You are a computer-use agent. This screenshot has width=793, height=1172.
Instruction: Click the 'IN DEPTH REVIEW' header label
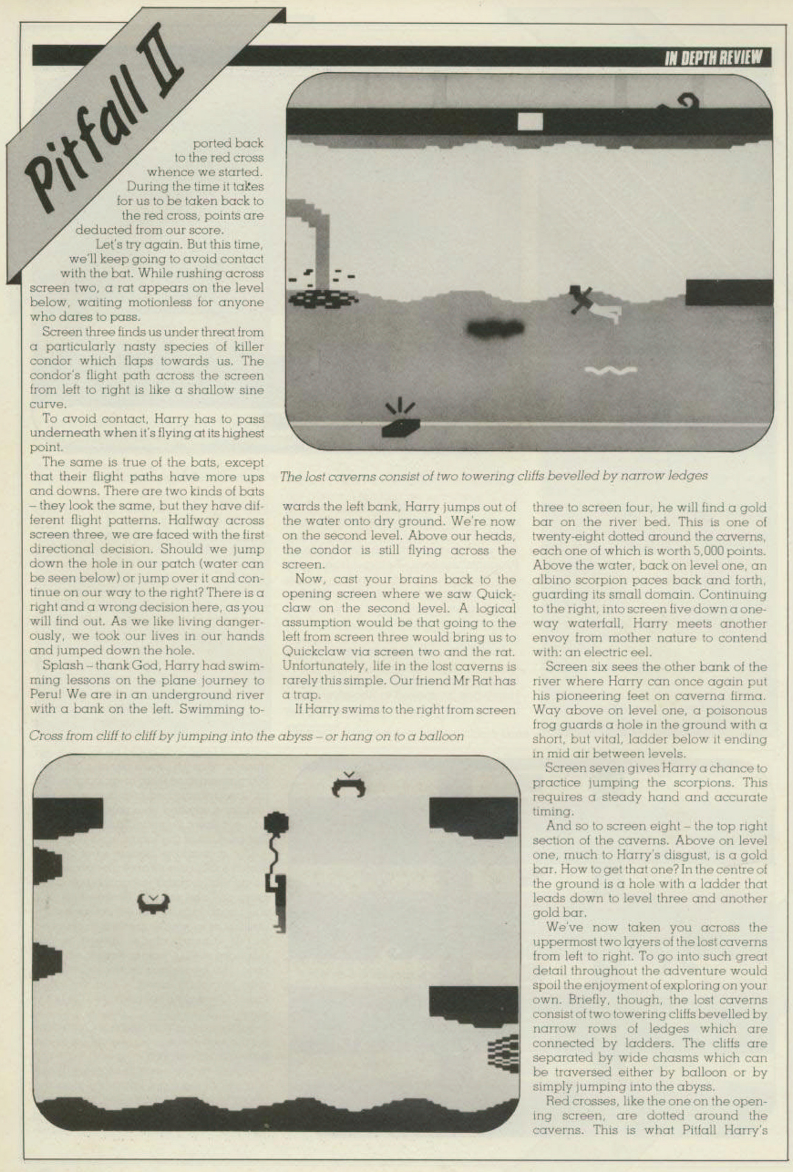[x=713, y=58]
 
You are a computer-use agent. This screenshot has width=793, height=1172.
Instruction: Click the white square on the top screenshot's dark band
[x=529, y=122]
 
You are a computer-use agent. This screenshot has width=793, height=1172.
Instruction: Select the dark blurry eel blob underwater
[x=495, y=328]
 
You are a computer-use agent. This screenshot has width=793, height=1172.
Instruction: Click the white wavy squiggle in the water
[x=610, y=370]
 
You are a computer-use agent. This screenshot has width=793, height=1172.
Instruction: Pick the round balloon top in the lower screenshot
[x=276, y=823]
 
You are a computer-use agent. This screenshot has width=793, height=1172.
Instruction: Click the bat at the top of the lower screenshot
[x=348, y=785]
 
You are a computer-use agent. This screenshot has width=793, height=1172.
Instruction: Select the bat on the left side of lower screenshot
[x=153, y=903]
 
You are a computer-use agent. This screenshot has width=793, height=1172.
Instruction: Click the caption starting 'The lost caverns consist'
[x=493, y=476]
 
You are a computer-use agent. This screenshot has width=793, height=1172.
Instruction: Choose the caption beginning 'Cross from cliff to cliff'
[x=246, y=736]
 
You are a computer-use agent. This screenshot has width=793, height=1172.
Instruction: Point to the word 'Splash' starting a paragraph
[x=63, y=665]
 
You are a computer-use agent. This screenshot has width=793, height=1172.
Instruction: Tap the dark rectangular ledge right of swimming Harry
[x=729, y=292]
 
